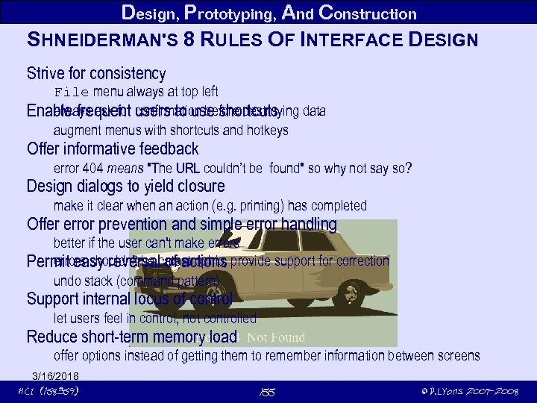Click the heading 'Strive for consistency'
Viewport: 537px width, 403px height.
coord(95,73)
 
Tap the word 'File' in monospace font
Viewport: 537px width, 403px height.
coord(71,92)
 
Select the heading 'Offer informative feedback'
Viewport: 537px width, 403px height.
coord(112,149)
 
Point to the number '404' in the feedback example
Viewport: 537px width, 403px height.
coord(93,168)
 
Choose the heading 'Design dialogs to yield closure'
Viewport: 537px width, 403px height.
coord(125,186)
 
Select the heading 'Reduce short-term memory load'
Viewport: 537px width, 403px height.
coord(131,337)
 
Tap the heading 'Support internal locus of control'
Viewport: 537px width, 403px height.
coord(129,299)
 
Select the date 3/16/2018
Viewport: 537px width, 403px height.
coord(55,375)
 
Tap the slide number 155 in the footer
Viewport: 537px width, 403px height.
coord(268,392)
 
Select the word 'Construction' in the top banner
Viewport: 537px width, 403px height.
coord(366,13)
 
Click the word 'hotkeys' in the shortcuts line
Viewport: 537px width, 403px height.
coord(267,130)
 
